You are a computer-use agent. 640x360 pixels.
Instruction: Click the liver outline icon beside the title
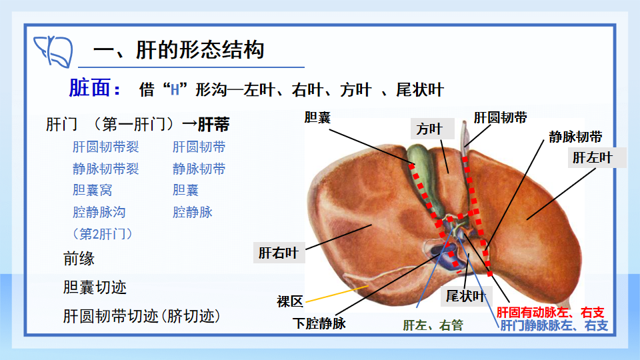(x=53, y=51)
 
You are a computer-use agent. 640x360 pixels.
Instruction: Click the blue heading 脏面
(x=95, y=88)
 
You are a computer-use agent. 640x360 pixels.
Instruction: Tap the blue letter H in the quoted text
(x=175, y=90)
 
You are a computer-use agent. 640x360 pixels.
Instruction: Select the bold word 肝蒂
(x=213, y=125)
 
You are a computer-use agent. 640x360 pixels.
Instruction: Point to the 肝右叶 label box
(x=279, y=253)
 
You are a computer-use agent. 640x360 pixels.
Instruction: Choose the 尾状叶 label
(x=465, y=296)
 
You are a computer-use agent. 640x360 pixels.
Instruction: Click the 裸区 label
(x=290, y=301)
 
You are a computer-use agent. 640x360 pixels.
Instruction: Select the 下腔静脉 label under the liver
(x=319, y=324)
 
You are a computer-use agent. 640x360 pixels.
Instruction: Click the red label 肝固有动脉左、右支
(x=550, y=313)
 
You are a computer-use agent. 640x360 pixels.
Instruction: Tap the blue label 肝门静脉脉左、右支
(x=554, y=325)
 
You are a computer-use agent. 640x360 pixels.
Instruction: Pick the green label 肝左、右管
(x=433, y=325)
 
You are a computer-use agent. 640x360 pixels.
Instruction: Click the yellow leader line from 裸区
(x=337, y=294)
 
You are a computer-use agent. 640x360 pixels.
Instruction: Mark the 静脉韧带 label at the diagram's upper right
(x=575, y=137)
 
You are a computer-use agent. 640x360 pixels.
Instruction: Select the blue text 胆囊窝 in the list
(x=92, y=190)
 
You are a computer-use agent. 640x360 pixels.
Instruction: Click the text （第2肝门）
(x=102, y=234)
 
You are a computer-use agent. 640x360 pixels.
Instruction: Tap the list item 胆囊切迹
(x=95, y=287)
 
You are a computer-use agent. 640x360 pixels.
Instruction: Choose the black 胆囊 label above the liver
(x=317, y=117)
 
